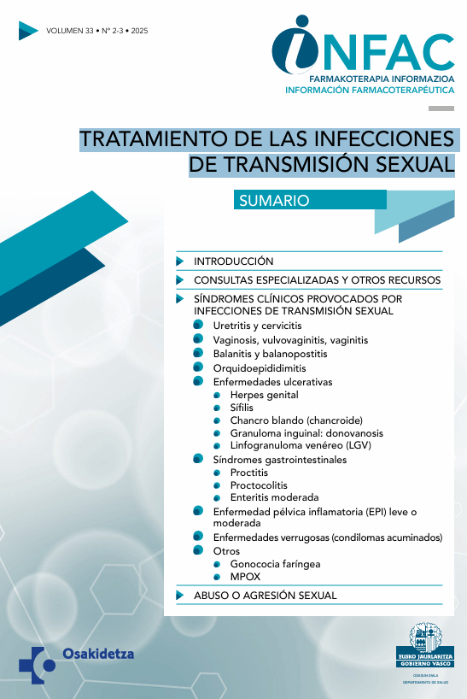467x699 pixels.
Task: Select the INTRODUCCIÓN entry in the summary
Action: coord(233,261)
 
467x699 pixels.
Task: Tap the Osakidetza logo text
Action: coord(98,655)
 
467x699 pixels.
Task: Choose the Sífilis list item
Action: coord(242,408)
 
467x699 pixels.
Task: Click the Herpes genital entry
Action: coord(264,395)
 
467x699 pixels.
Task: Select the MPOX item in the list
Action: coord(244,577)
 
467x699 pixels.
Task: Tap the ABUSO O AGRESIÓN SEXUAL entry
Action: coord(266,595)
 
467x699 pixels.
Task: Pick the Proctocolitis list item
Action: coord(259,485)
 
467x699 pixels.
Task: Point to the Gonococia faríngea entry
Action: coord(275,564)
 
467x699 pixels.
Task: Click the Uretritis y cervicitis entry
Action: coord(257,326)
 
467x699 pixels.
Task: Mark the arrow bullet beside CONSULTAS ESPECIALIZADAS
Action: coord(179,279)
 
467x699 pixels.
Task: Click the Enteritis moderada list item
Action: coord(274,496)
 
